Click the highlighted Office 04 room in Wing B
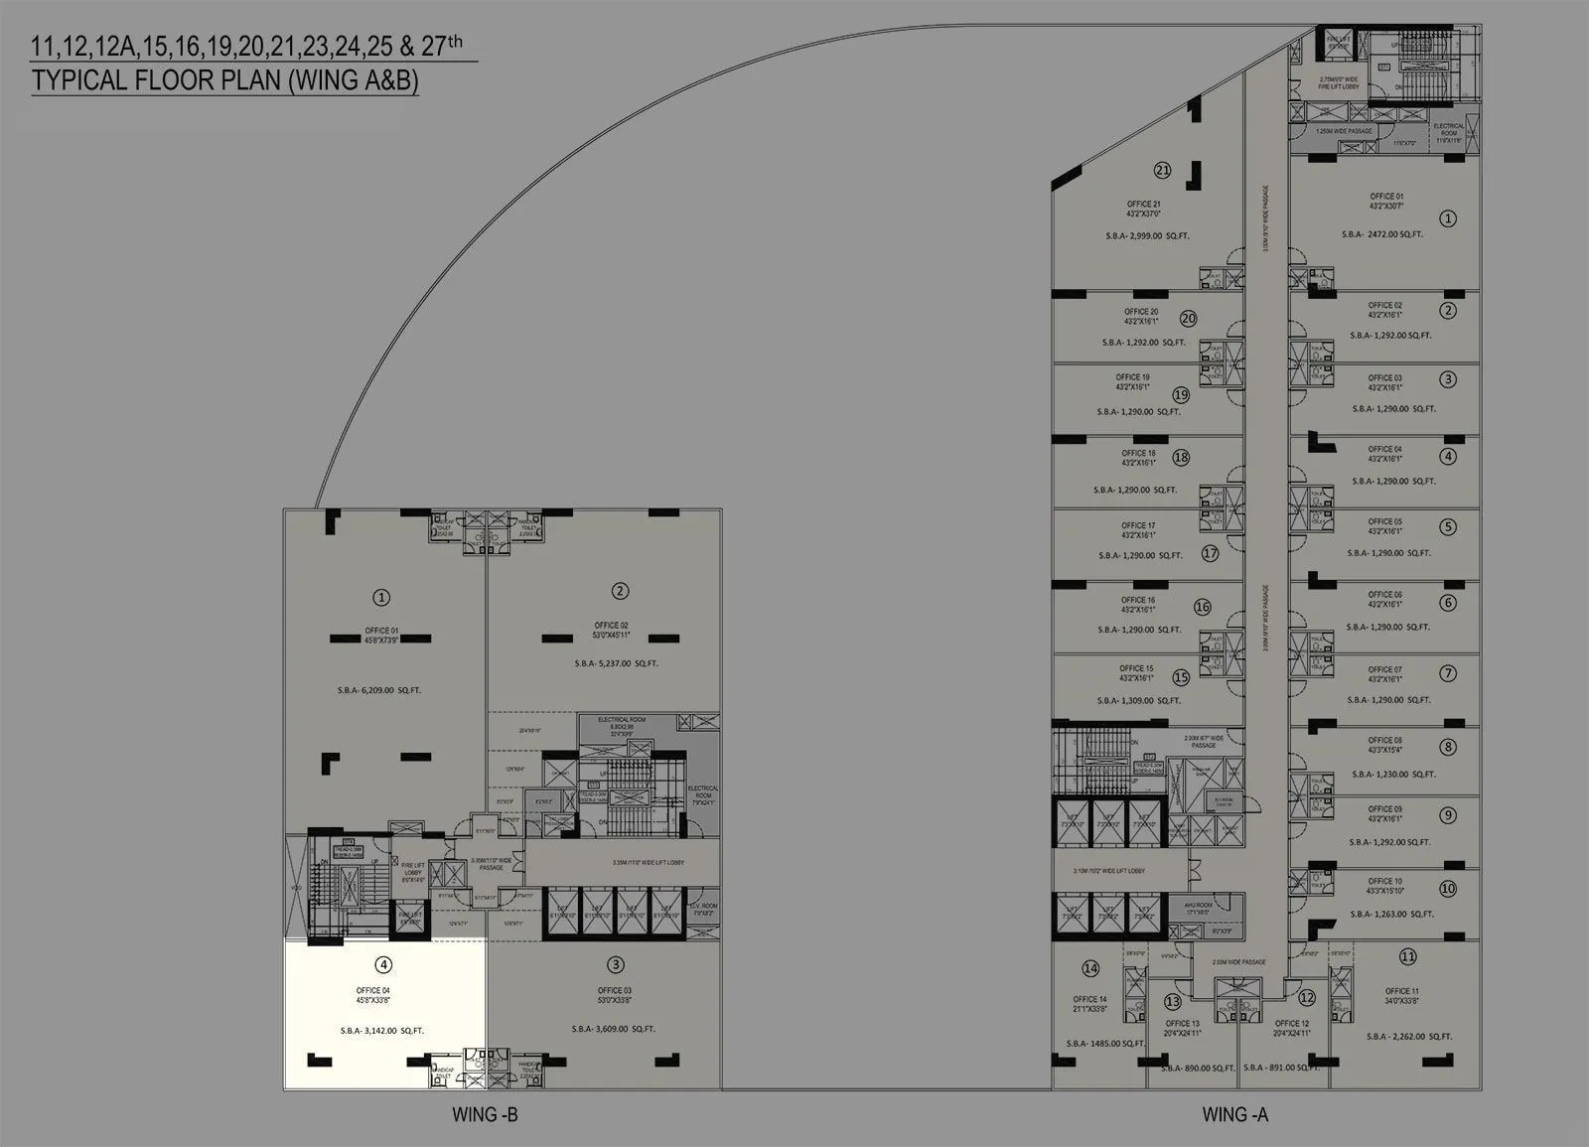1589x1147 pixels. (385, 1013)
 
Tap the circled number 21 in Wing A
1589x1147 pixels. (1162, 170)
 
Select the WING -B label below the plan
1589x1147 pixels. (485, 1114)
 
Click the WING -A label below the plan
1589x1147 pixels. (1234, 1114)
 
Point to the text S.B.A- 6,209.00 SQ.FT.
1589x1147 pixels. (379, 690)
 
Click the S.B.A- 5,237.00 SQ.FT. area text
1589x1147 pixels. (616, 663)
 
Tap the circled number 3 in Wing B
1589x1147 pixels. (616, 964)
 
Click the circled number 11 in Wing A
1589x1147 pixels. (1407, 957)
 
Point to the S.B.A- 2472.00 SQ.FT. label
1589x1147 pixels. (1382, 234)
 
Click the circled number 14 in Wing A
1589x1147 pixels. (1090, 968)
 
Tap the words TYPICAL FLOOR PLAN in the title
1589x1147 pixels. (157, 80)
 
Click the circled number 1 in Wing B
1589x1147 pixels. (380, 597)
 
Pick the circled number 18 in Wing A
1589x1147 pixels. (1181, 458)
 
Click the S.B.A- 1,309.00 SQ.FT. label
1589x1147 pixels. (1139, 700)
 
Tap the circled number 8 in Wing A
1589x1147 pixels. (1449, 747)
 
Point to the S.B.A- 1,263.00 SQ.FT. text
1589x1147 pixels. (1390, 914)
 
